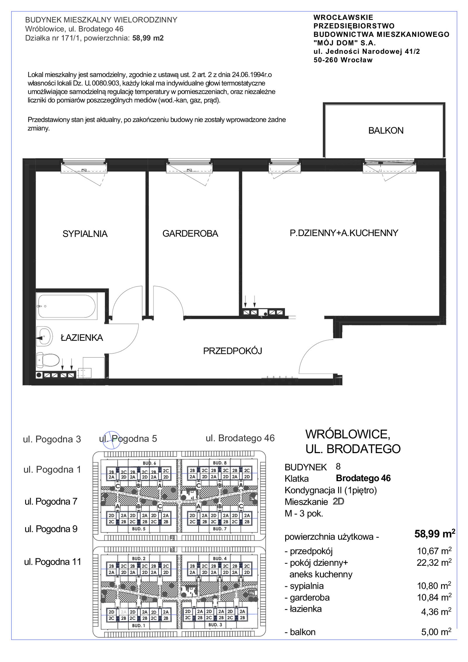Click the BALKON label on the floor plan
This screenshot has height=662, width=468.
pos(386,130)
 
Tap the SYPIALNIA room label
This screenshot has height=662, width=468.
pos(85,234)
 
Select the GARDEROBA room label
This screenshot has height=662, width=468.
pos(190,233)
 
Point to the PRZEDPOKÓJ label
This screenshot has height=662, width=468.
pos(233,351)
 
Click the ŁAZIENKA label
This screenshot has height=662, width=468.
pos(82,338)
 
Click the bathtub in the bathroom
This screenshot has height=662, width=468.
pos(67,306)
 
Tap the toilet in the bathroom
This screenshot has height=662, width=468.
pos(48,360)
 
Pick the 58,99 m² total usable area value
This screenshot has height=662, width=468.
pos(435,534)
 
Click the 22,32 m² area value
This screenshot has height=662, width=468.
pos(434,562)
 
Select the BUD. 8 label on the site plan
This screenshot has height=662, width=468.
pos(220,463)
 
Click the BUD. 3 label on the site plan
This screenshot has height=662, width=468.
pos(215,625)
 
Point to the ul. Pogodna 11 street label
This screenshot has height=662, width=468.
pos(53,562)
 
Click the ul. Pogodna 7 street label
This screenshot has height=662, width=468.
pos(51,501)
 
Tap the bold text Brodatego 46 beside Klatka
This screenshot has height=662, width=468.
pos(363,478)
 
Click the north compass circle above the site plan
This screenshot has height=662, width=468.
pos(110,440)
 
